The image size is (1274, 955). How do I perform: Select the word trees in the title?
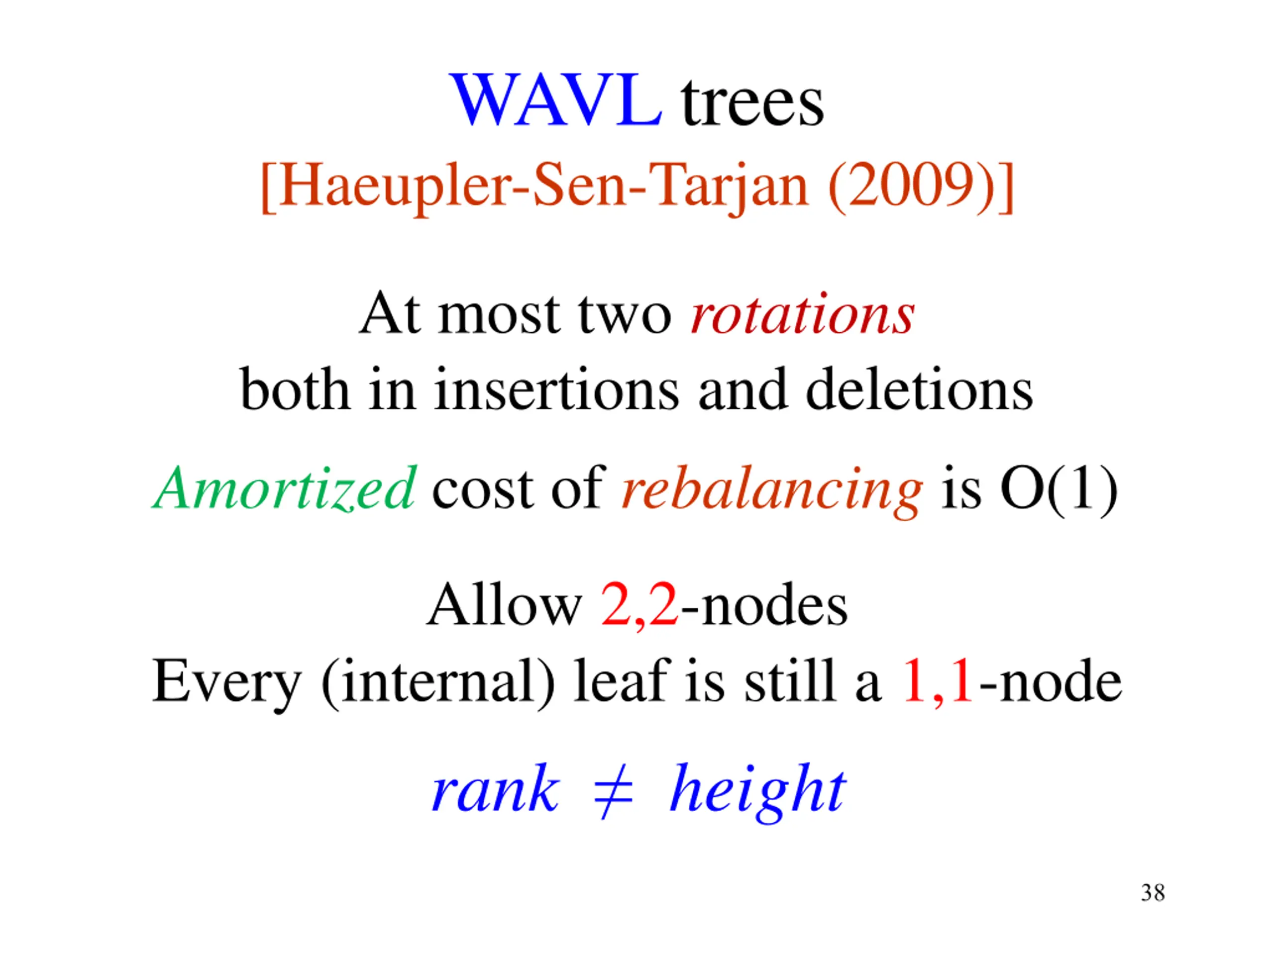point(752,103)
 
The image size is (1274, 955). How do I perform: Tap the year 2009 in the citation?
point(911,186)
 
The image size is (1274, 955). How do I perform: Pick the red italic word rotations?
point(802,314)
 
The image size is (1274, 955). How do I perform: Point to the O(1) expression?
point(1059,488)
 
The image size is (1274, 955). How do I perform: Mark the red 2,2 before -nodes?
point(639,606)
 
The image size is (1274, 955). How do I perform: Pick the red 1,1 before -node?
point(937,681)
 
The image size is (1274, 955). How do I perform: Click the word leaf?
point(621,680)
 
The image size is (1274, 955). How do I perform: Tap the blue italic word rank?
point(495,789)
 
